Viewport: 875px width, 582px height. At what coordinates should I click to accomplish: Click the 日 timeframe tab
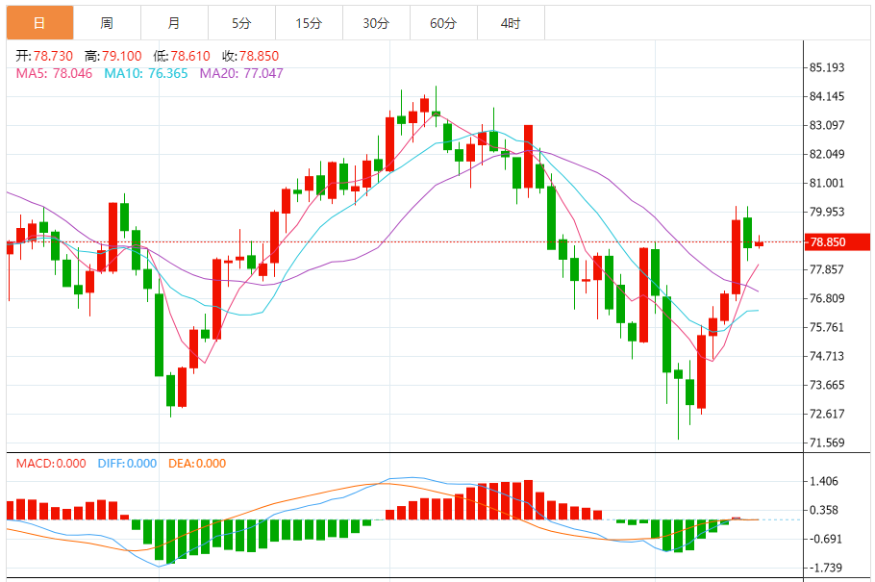39,23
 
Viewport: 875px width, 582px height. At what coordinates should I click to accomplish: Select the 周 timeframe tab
107,23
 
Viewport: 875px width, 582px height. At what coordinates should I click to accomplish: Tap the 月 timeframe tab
173,23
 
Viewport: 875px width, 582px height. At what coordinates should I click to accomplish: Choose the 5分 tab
240,23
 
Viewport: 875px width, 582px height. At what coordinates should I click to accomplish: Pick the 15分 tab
309,23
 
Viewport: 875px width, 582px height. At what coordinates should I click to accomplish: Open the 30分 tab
376,23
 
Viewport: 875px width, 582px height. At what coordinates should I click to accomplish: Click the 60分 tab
443,23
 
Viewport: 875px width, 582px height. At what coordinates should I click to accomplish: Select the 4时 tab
511,23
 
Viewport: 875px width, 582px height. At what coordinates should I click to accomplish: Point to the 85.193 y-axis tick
827,67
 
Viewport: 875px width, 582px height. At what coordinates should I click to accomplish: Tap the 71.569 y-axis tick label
827,443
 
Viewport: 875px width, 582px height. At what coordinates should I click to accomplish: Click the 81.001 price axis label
827,183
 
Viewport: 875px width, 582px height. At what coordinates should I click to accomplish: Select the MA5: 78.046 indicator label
54,73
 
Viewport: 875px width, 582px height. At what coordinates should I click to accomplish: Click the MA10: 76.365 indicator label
145,73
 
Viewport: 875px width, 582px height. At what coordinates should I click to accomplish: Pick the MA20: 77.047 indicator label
241,73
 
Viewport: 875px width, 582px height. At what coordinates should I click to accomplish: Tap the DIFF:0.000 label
127,464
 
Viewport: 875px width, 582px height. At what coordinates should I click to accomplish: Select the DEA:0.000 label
197,464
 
